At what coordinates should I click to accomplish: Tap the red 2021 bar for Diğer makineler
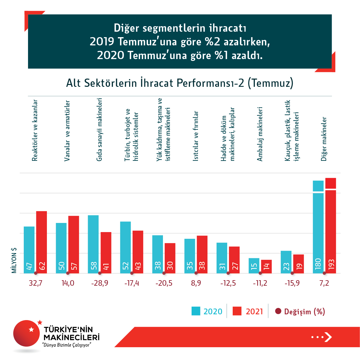[330, 225]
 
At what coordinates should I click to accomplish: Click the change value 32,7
[36, 283]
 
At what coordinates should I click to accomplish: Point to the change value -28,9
[100, 283]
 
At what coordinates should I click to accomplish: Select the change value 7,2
[324, 283]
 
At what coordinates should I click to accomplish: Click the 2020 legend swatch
[196, 311]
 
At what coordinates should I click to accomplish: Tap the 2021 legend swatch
[237, 311]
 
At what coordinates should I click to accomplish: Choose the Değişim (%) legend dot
[278, 311]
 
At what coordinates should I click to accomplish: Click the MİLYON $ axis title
[14, 260]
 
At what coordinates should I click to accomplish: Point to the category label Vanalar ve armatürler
[67, 131]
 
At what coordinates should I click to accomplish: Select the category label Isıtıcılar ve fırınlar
[196, 136]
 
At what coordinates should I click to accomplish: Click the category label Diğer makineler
[324, 139]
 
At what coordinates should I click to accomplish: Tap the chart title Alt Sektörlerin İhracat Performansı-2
[180, 83]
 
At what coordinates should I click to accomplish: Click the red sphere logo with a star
[27, 333]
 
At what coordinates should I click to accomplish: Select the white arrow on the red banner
[328, 337]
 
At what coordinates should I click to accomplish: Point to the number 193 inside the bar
[331, 264]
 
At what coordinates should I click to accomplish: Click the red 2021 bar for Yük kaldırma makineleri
[170, 257]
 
